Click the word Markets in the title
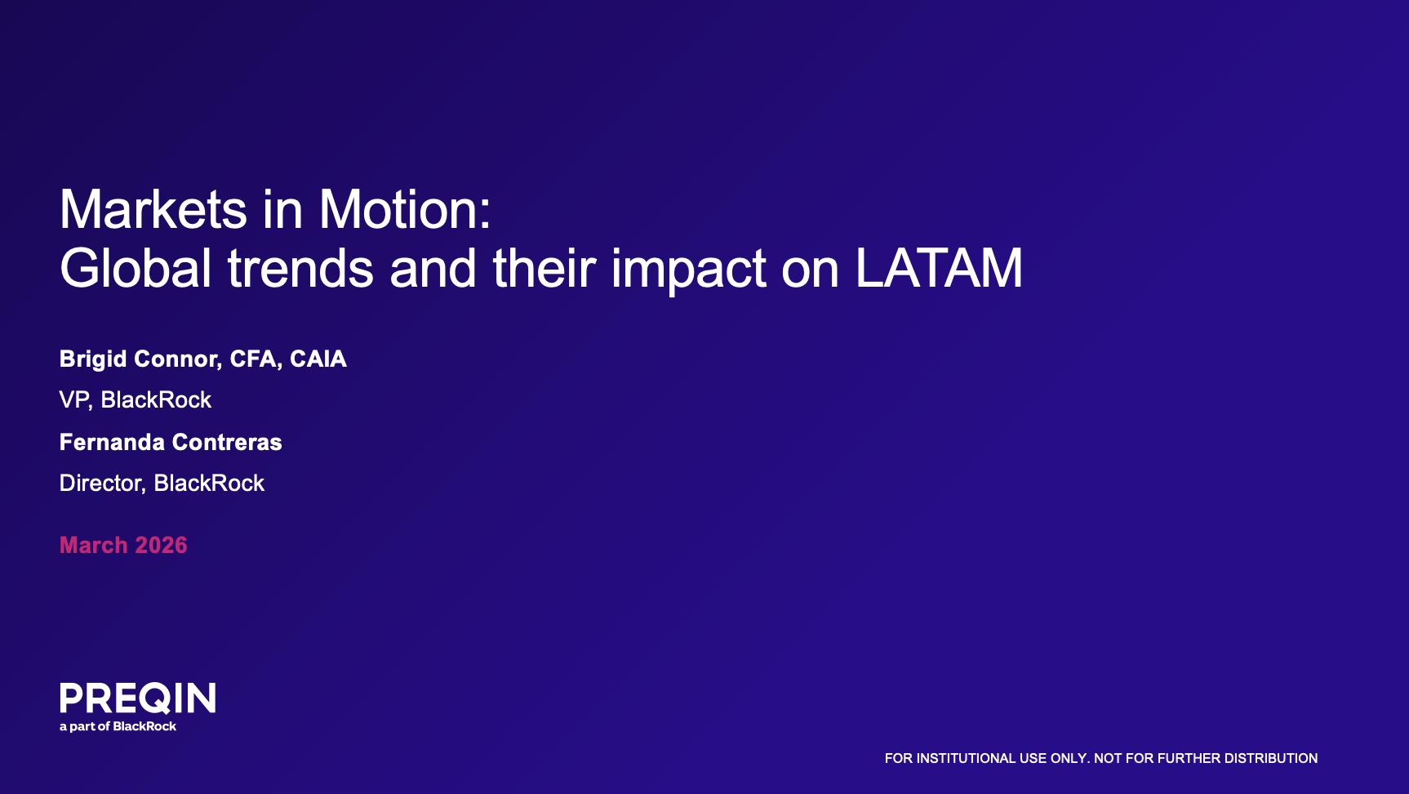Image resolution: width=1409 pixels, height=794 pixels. [x=153, y=209]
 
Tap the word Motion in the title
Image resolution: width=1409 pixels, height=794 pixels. [x=404, y=209]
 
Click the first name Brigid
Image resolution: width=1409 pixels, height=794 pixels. [x=93, y=359]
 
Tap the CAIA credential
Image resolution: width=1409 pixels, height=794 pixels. [x=318, y=359]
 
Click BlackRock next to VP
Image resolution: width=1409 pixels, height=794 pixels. [x=156, y=399]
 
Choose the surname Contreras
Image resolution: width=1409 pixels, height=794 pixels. [x=226, y=442]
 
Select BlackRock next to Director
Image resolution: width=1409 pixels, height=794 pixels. [x=209, y=483]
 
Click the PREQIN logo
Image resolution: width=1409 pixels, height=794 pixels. [x=138, y=698]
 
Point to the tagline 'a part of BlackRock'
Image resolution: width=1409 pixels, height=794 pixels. [x=118, y=726]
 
